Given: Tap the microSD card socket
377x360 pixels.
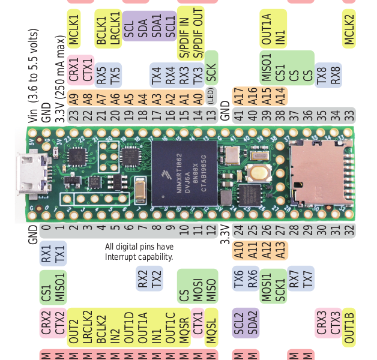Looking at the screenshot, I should click(315, 171).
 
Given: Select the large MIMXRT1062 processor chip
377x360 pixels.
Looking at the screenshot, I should click(184, 173).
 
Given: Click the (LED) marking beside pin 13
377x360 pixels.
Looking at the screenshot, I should click(211, 96).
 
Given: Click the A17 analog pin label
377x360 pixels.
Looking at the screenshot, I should click(238, 96).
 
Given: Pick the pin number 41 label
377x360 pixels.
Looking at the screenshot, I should click(238, 116).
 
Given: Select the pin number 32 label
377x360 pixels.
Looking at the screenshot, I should click(349, 229).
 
